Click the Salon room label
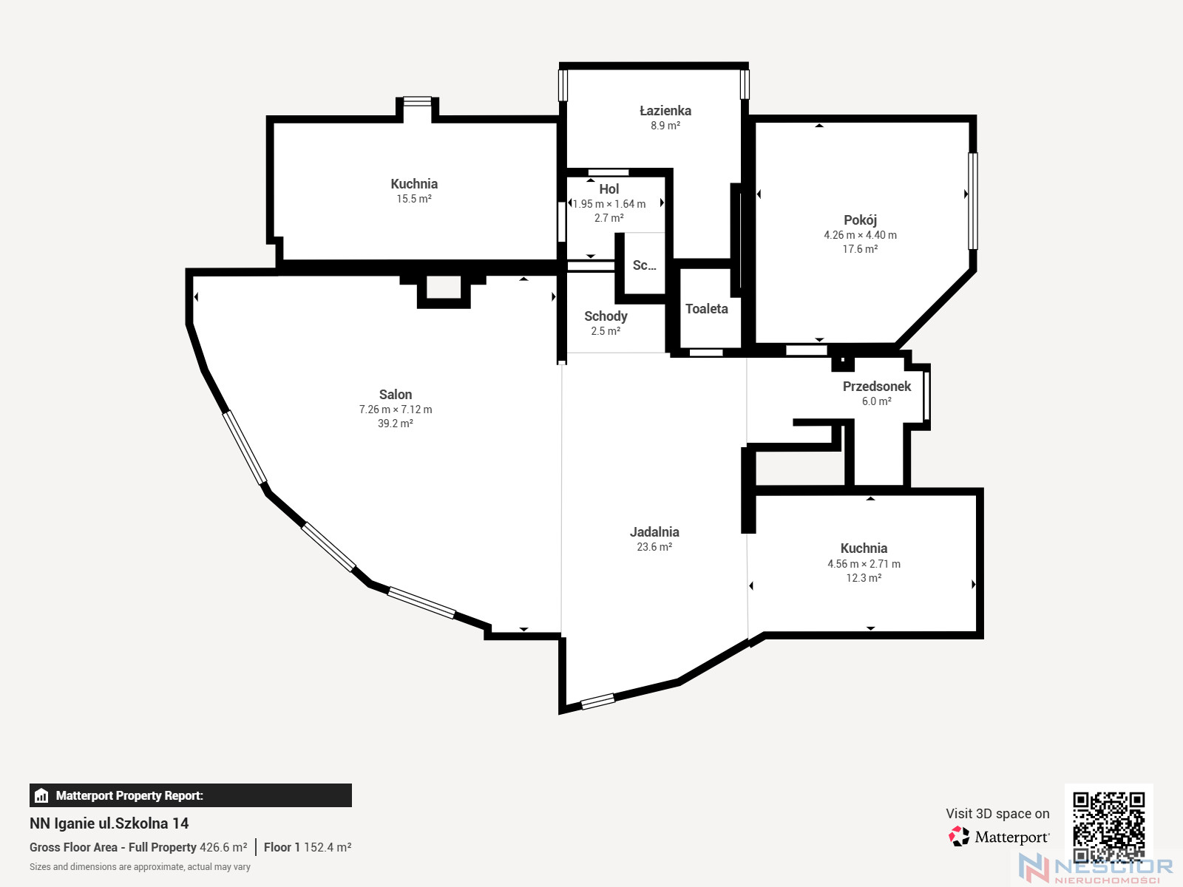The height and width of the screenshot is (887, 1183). click(x=395, y=394)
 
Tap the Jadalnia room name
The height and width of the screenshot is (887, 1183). click(x=654, y=532)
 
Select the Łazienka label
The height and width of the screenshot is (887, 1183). click(x=665, y=110)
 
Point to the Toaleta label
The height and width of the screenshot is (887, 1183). click(x=707, y=308)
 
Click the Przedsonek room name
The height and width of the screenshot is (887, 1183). click(x=877, y=386)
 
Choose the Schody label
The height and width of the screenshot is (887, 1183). click(x=606, y=316)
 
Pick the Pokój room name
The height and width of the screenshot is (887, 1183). click(x=860, y=220)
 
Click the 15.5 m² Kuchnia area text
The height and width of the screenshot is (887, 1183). click(x=414, y=199)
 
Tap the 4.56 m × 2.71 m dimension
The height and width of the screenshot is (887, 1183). click(x=864, y=564)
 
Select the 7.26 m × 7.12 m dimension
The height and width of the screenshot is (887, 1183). click(x=396, y=409)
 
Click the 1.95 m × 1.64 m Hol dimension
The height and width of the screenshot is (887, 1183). click(x=609, y=204)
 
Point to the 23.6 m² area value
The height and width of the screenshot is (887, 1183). click(x=654, y=547)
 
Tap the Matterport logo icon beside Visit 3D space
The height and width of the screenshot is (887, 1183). click(x=959, y=837)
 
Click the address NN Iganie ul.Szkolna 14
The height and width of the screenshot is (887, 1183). click(x=109, y=823)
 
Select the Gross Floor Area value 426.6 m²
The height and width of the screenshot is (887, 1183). click(x=223, y=847)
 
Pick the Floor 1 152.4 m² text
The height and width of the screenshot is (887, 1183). click(x=307, y=847)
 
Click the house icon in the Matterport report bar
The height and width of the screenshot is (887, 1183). click(x=41, y=795)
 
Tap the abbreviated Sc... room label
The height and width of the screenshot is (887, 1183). click(x=644, y=265)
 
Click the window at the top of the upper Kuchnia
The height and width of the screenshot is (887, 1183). click(x=417, y=101)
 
